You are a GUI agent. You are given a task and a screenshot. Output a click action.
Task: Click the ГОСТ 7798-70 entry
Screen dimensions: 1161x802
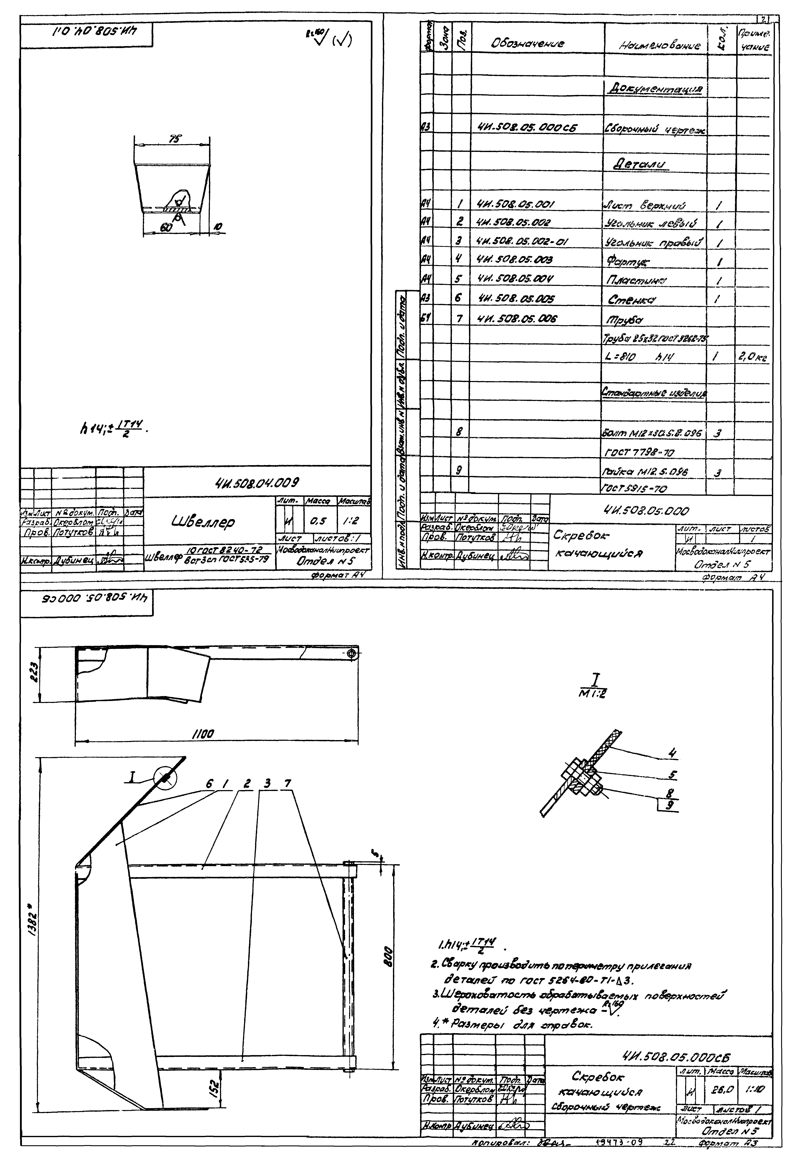tap(638, 453)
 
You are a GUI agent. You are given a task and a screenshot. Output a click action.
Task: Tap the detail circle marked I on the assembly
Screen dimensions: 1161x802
tap(166, 779)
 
